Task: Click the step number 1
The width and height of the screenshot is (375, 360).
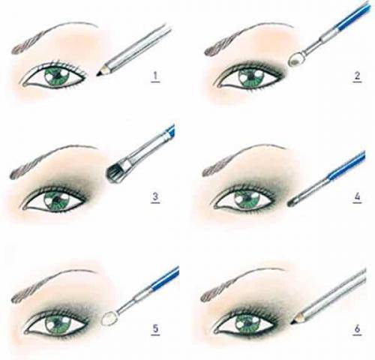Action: pos(155,76)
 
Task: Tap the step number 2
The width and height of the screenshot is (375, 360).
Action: pos(357,76)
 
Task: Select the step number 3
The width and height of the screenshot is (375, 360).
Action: pos(155,197)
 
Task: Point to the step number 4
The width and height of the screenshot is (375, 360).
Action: pos(357,197)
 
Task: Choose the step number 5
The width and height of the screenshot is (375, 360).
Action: pos(155,328)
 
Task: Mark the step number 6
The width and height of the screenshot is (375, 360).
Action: pos(357,328)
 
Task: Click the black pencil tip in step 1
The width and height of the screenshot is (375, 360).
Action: pos(100,73)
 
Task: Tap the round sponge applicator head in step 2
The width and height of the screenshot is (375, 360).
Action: pos(295,59)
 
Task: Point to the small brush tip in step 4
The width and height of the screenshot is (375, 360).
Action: pos(292,202)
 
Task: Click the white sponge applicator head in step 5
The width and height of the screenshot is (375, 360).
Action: pos(109,319)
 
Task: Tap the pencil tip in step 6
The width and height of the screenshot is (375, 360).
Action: pos(295,321)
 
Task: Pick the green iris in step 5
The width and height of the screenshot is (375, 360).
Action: pos(57,324)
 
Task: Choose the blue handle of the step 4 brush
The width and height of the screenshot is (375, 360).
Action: pos(346,166)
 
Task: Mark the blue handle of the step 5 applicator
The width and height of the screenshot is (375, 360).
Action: pos(165,279)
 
